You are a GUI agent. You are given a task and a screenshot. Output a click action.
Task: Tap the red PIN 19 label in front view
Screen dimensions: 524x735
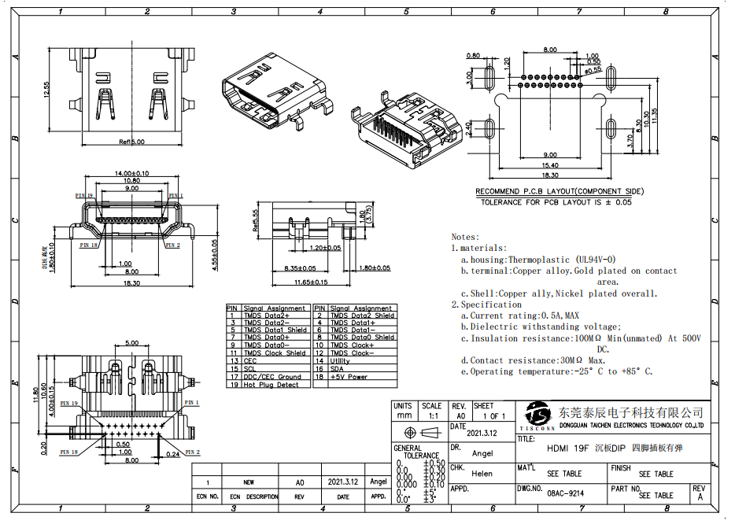(x=84, y=195)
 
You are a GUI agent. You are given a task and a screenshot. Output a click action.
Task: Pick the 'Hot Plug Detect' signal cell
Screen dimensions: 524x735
(x=271, y=385)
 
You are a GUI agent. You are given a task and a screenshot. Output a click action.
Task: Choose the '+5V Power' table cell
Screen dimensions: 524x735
(x=349, y=377)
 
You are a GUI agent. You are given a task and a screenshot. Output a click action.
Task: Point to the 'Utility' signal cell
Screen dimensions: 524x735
(x=340, y=360)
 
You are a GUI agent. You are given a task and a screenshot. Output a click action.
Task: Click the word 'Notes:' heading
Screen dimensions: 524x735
(x=464, y=236)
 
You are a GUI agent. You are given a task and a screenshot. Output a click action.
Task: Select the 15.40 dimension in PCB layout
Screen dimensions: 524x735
(x=550, y=165)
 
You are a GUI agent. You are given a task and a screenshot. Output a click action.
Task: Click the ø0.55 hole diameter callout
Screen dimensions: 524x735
(x=593, y=69)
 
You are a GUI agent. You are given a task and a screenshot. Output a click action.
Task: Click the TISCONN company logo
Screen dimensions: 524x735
(x=539, y=416)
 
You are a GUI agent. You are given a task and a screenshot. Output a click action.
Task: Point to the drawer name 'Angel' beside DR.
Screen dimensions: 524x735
(x=482, y=453)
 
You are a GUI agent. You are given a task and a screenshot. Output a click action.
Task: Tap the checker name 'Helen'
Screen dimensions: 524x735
(x=482, y=474)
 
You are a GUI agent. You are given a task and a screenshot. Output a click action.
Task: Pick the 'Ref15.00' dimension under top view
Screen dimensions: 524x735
(x=131, y=142)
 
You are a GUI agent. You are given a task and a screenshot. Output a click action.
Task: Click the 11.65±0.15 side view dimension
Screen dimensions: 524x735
(x=311, y=281)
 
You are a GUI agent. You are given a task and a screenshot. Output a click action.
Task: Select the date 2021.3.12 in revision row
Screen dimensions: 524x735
(x=342, y=482)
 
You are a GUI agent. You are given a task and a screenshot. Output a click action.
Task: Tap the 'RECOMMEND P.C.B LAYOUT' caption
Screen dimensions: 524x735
(x=560, y=191)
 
